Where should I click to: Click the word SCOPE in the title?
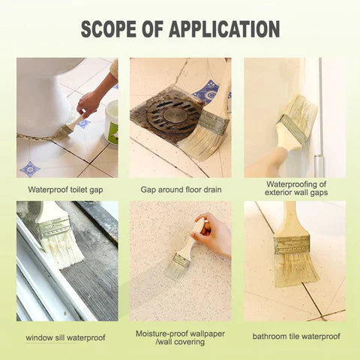[114, 29]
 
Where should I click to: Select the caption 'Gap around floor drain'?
[180, 190]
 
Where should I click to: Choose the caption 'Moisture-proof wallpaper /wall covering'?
[180, 337]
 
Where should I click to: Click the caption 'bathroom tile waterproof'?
[295, 337]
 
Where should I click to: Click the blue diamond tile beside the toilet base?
[31, 166]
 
